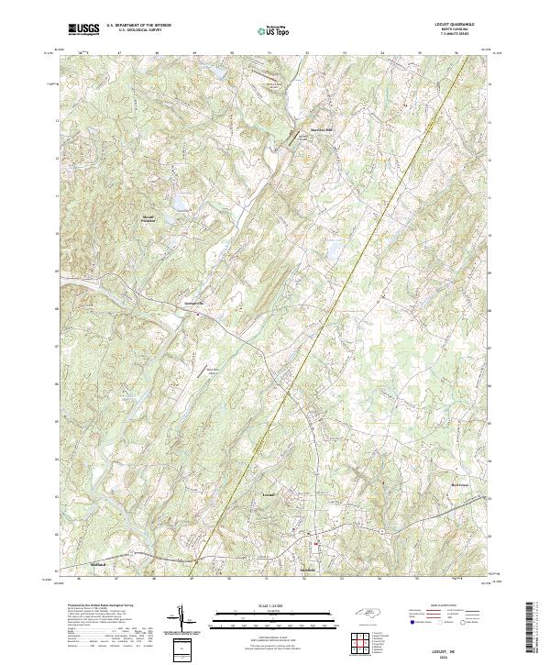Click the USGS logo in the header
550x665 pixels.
pyautogui.click(x=83, y=29)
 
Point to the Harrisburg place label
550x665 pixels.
pyautogui.click(x=314, y=129)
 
